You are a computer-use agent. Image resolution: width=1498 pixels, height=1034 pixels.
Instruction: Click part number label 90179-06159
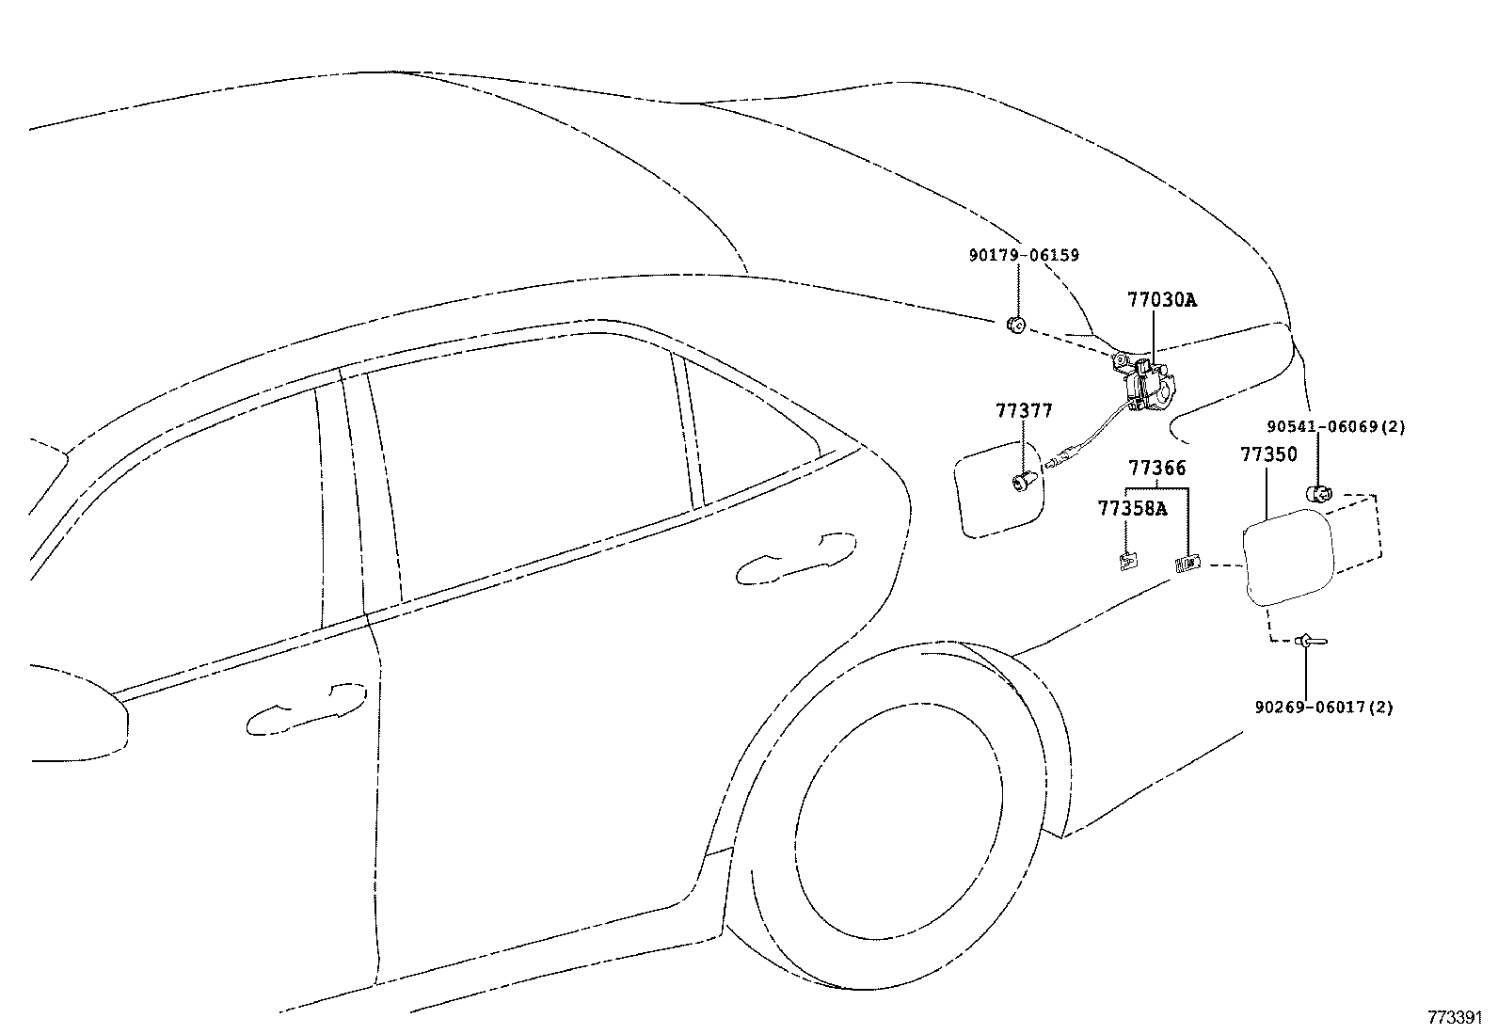1023,255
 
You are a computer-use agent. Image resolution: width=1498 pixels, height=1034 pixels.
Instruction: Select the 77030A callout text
1162,300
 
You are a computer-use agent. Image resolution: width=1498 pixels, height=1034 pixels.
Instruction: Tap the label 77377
1024,411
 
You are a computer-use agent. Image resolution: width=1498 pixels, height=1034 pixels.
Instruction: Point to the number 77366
1157,468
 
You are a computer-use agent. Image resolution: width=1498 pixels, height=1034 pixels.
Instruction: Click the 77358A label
1131,509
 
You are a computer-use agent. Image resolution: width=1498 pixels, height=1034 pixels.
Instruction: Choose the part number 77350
1267,454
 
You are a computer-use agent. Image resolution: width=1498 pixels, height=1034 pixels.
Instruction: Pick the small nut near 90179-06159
1015,326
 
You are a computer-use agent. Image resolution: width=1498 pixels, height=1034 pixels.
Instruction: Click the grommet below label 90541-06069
1317,492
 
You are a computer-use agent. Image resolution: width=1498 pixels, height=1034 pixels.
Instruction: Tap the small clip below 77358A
1127,562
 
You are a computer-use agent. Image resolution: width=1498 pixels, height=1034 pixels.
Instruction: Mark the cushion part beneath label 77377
1023,483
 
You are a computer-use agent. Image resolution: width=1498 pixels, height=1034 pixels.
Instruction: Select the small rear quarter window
753,442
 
